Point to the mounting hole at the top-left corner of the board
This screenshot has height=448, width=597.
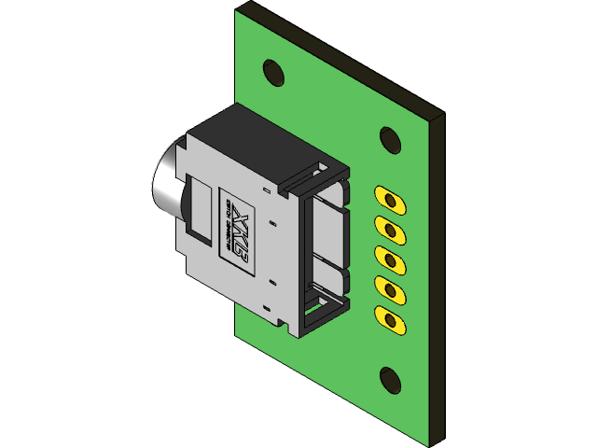[273, 71]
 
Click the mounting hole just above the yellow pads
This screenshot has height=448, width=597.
[391, 139]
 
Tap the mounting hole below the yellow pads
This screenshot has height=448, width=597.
[391, 379]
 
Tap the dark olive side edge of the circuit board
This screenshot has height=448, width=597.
[436, 280]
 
